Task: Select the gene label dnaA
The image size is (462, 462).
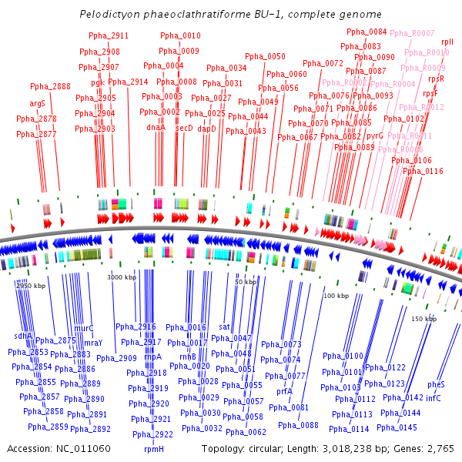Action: click(x=156, y=128)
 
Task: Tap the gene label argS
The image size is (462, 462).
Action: click(x=38, y=103)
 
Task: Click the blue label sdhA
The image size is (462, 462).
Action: click(x=24, y=336)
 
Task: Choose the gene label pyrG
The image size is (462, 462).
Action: click(x=374, y=136)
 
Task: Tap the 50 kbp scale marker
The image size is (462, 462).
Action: click(x=246, y=282)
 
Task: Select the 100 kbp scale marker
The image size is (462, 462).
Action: click(x=336, y=296)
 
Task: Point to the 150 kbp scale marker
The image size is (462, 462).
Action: click(x=423, y=319)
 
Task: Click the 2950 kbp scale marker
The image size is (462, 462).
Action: click(x=31, y=286)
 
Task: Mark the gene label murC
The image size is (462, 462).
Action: click(x=83, y=328)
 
